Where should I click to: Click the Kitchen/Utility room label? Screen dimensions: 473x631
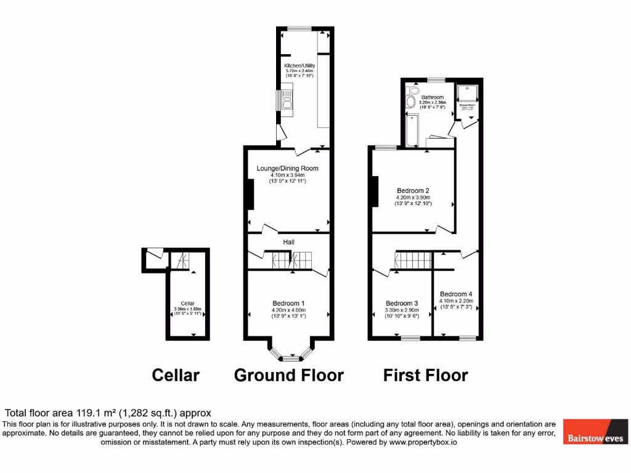coord(299,65)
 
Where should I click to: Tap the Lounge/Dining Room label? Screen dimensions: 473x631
coord(288,168)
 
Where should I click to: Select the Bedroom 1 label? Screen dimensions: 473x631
coord(288,303)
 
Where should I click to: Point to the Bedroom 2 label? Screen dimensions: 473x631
coord(413,190)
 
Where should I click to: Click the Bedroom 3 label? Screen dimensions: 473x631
coord(402,303)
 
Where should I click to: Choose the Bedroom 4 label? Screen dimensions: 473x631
coord(456,294)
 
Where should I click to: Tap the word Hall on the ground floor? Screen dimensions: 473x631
coord(288,243)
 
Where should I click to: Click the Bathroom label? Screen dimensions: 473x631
coord(432,97)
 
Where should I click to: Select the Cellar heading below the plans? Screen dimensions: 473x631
coord(176,375)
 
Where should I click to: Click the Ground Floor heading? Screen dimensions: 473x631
coord(288,375)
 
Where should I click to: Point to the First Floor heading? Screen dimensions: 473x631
coord(425,375)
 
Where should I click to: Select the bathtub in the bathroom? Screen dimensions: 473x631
coord(412,129)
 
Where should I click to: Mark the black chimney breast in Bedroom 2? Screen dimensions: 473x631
coord(374,192)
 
